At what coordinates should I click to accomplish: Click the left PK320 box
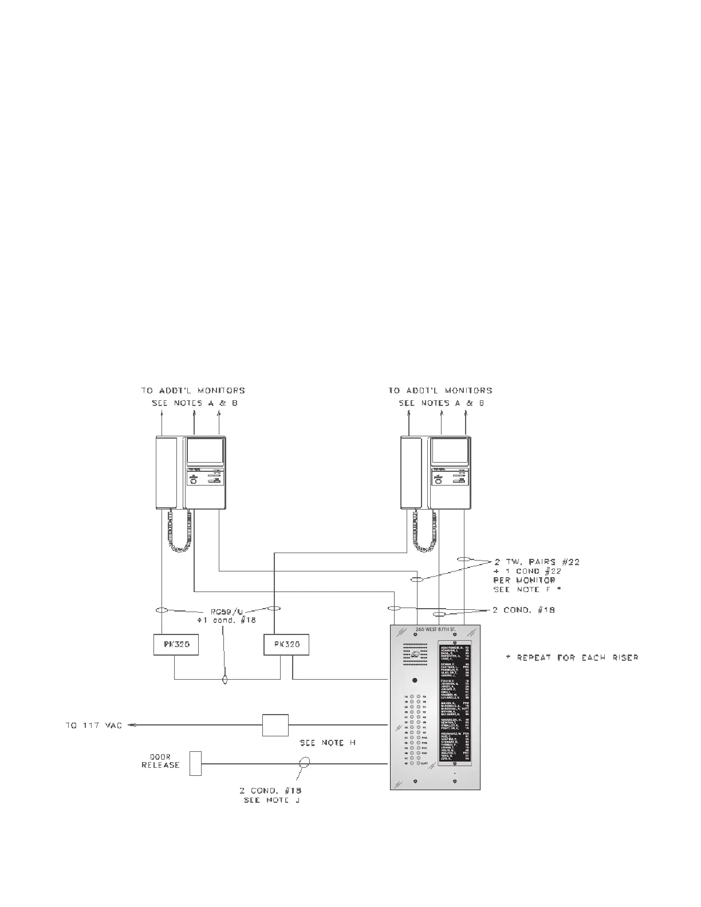[176, 645]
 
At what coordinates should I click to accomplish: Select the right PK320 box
[286, 645]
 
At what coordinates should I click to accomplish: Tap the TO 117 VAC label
[93, 726]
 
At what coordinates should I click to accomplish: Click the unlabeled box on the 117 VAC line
[275, 725]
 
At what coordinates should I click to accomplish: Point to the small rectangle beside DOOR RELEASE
[195, 763]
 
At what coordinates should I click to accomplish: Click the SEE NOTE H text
[328, 743]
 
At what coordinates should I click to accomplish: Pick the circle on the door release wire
[305, 763]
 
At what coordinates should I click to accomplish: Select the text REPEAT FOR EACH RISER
[572, 657]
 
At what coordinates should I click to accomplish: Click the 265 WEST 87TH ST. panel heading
[435, 630]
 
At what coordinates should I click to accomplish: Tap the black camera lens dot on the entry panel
[415, 681]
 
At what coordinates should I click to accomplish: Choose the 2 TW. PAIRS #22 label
[537, 562]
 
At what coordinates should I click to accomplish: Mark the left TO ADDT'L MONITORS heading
[193, 391]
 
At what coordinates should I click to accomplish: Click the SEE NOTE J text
[272, 800]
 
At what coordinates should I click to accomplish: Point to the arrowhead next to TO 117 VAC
[131, 725]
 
